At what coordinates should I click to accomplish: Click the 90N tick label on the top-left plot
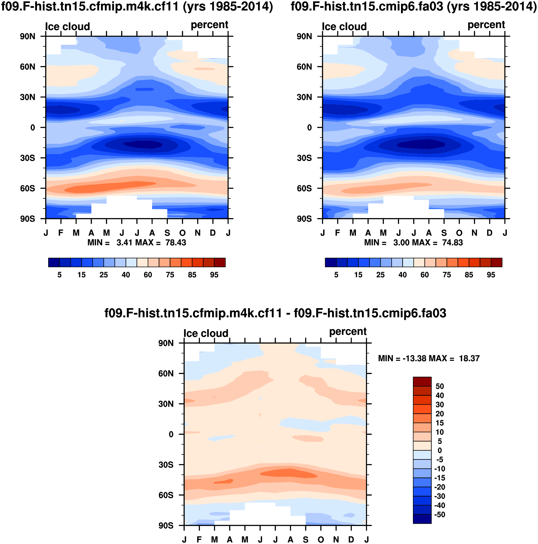(x=27, y=37)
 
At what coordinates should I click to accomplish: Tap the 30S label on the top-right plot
(x=304, y=158)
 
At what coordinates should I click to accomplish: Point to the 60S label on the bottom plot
(x=166, y=495)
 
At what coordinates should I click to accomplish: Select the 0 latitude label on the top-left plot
(x=33, y=128)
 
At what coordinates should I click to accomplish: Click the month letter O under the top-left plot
(x=182, y=233)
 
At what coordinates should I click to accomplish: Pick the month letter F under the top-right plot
(x=337, y=233)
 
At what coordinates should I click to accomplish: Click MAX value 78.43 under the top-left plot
(x=176, y=243)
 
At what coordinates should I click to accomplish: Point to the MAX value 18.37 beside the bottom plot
(x=469, y=359)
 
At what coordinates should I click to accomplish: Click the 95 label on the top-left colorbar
(x=214, y=275)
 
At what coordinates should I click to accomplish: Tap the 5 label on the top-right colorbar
(x=336, y=275)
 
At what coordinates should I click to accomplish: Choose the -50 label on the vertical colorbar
(x=439, y=515)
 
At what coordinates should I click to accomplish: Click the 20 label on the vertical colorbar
(x=439, y=414)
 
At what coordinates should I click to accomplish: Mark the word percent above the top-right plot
(x=486, y=25)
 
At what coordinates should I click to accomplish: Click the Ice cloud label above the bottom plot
(x=206, y=333)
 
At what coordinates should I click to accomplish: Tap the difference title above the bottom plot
(x=275, y=313)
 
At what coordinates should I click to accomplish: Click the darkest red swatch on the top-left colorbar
(x=219, y=262)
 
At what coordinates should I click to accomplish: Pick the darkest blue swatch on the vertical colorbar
(x=422, y=519)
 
